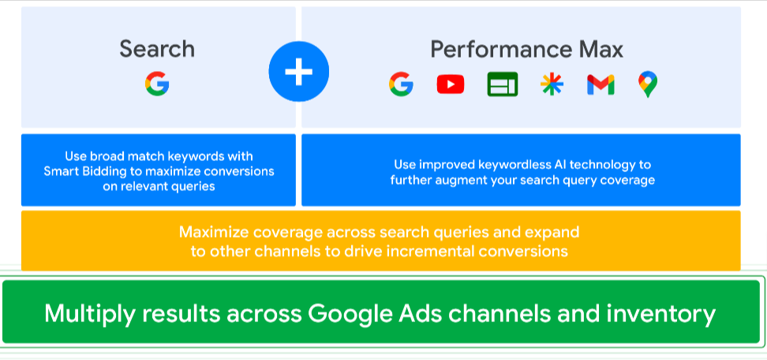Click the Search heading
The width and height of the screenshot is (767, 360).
pyautogui.click(x=157, y=50)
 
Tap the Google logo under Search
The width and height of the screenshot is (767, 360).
pyautogui.click(x=157, y=84)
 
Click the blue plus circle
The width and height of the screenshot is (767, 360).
pyautogui.click(x=299, y=72)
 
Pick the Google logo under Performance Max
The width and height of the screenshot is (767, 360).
pyautogui.click(x=401, y=84)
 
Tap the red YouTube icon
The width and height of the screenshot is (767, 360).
pyautogui.click(x=451, y=84)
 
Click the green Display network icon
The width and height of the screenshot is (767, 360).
pyautogui.click(x=503, y=84)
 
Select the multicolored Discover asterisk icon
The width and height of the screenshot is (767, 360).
pyautogui.click(x=552, y=84)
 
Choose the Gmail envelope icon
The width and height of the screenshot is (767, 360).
pyautogui.click(x=601, y=84)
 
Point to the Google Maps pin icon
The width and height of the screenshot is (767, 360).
pyautogui.click(x=648, y=84)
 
